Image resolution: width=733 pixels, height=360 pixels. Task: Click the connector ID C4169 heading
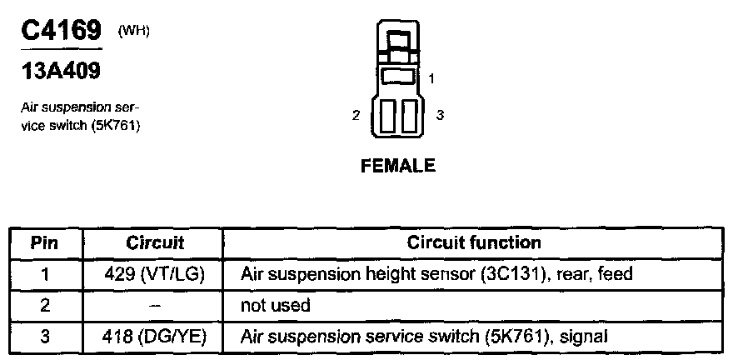tap(60, 31)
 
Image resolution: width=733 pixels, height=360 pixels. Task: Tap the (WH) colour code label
tap(135, 31)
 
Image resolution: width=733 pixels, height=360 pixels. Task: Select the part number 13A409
tap(60, 72)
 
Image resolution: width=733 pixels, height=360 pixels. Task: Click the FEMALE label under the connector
tap(397, 166)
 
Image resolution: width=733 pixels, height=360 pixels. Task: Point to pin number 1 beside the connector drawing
tap(431, 79)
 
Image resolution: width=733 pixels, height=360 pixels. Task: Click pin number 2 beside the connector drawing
tap(356, 115)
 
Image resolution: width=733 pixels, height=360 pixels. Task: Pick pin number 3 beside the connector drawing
tap(439, 115)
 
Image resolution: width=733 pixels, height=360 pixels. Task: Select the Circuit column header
tap(155, 242)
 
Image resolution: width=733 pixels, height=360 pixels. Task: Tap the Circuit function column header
tap(474, 242)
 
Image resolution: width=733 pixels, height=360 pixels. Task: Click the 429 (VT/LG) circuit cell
tap(155, 273)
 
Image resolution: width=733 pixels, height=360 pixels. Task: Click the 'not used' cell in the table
tap(275, 305)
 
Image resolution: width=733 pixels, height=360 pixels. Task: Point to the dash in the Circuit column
tap(155, 305)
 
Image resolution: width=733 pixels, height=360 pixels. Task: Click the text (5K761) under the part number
tap(116, 126)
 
